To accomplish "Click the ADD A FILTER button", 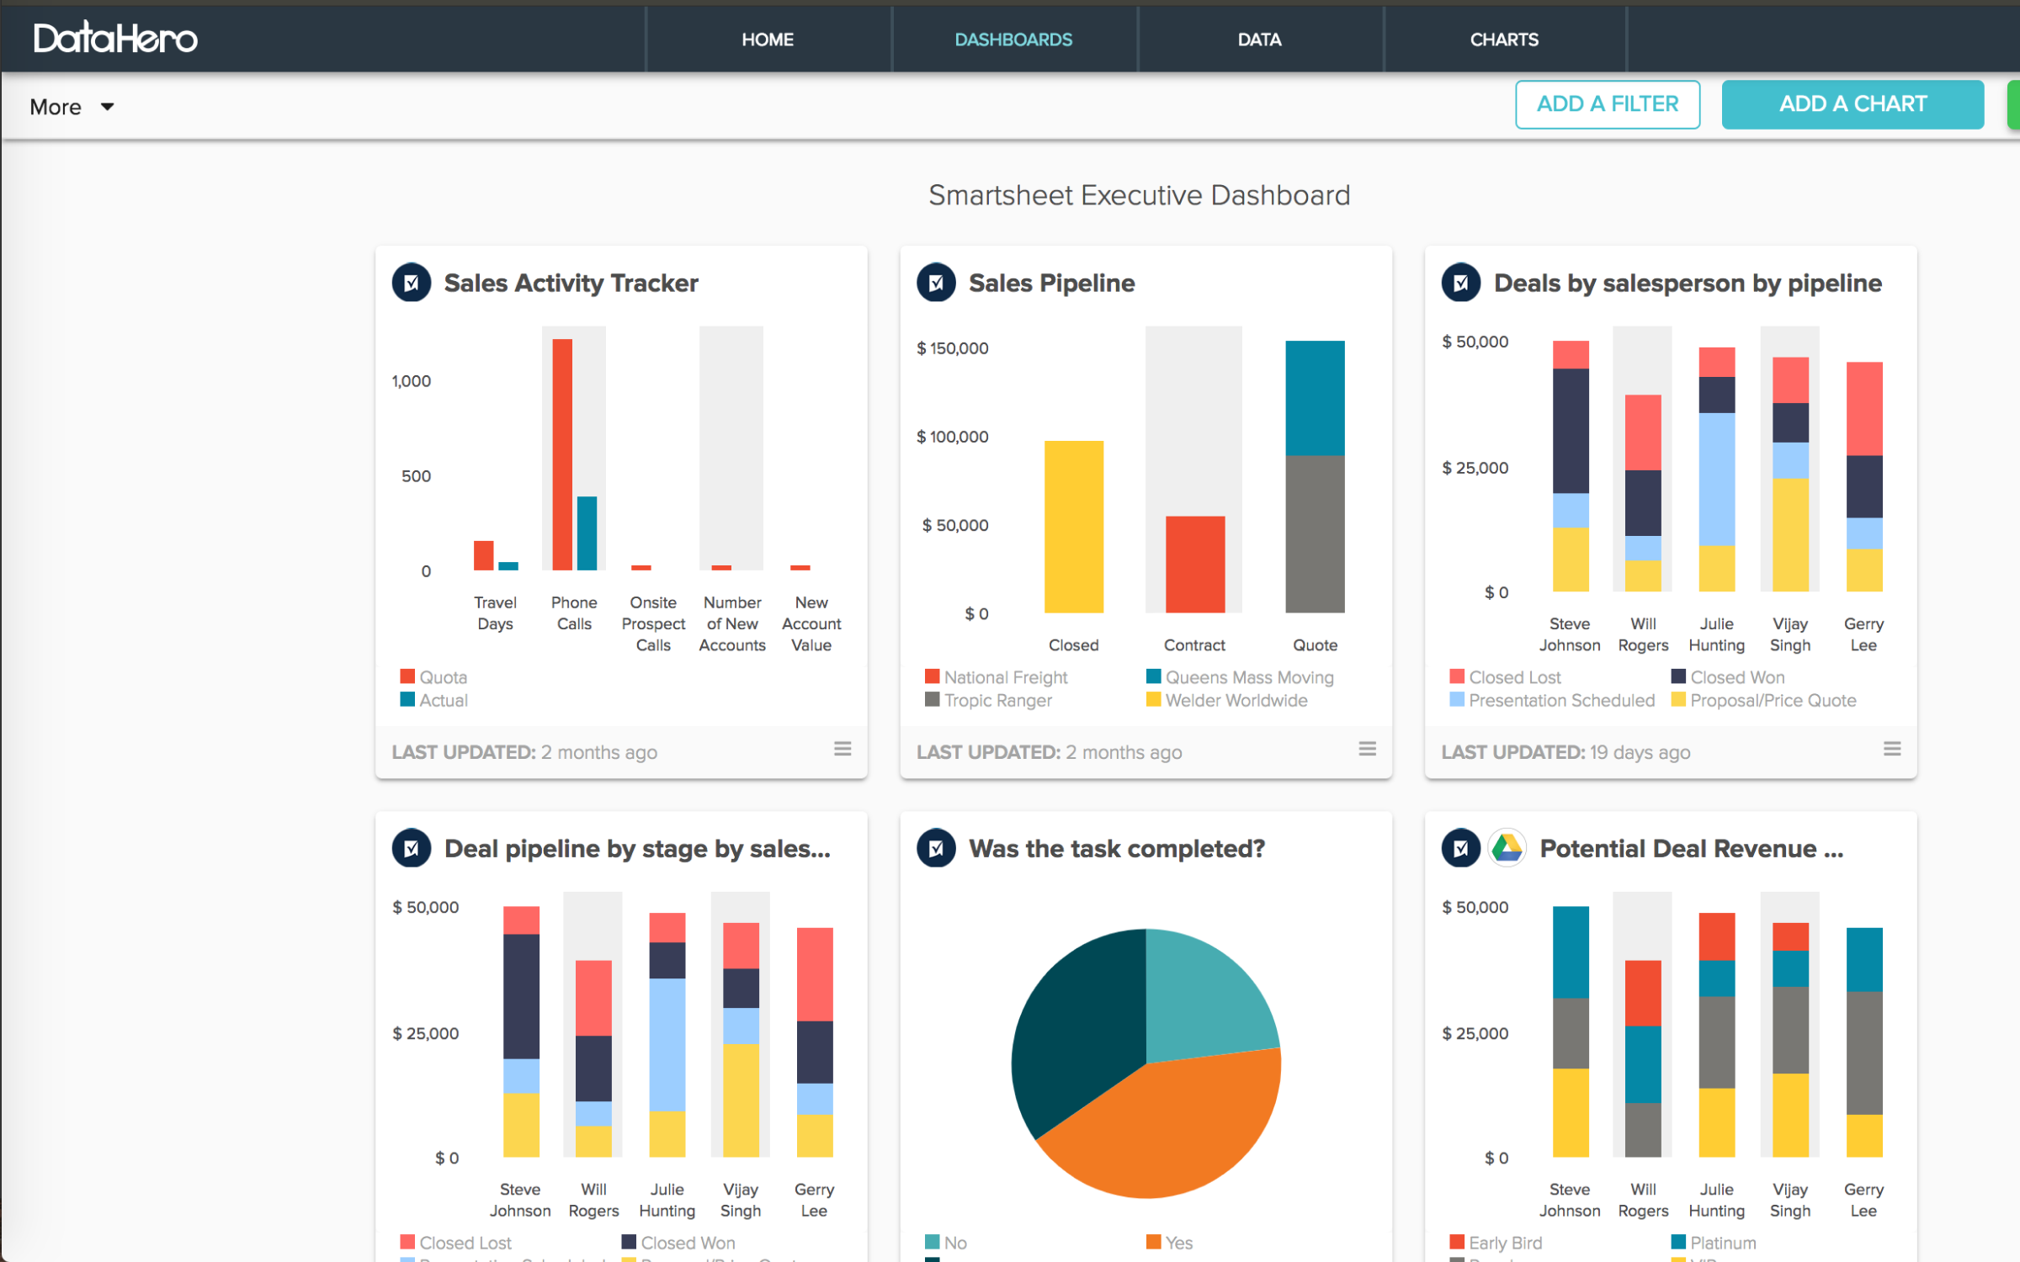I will tap(1607, 104).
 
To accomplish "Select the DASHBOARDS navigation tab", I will tap(1013, 40).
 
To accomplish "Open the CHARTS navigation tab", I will tap(1503, 40).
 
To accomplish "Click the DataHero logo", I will tap(115, 38).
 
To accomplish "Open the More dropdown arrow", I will tap(107, 107).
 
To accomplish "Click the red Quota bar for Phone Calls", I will tap(562, 454).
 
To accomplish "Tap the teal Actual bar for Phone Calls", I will tap(587, 533).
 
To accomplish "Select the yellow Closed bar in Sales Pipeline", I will tap(1073, 527).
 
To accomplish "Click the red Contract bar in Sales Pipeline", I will tap(1194, 564).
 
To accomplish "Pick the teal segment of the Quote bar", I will tap(1314, 398).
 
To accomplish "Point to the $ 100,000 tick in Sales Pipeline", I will tap(952, 437).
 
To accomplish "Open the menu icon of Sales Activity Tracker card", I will tap(842, 749).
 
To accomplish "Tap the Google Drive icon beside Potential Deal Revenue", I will tap(1507, 848).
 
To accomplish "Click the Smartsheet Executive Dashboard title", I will tap(1139, 195).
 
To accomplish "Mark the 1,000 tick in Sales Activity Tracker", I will tap(411, 381).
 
